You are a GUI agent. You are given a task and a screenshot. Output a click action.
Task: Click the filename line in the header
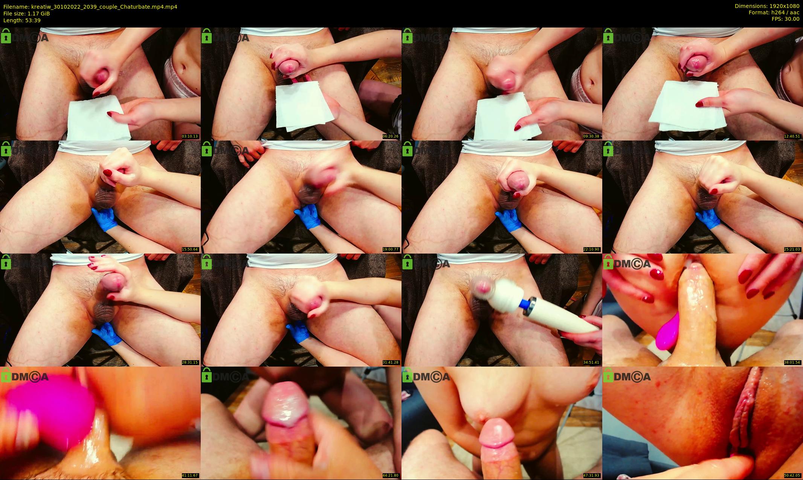90,7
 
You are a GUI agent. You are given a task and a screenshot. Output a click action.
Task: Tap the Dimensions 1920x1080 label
767,6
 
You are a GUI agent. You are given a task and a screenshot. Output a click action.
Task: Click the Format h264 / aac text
774,12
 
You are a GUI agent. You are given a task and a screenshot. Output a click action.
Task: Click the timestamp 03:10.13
190,136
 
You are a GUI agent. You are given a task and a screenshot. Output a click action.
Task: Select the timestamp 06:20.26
391,136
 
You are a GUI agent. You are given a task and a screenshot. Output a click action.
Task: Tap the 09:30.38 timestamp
592,136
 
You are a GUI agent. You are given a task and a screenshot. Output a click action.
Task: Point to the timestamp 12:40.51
792,136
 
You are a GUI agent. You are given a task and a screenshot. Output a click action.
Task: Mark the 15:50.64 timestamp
190,249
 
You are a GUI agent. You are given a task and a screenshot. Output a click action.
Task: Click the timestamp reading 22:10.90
592,249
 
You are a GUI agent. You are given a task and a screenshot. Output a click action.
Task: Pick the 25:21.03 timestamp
792,249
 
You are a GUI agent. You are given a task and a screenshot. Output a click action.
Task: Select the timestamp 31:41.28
391,362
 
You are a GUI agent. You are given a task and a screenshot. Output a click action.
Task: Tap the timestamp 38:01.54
792,362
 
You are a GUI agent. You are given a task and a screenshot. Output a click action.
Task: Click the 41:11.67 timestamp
190,475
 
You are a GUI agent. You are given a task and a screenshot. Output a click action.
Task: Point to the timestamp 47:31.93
592,475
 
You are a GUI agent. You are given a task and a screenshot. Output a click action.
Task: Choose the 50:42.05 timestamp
792,475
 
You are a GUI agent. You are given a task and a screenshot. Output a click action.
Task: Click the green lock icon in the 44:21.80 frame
206,375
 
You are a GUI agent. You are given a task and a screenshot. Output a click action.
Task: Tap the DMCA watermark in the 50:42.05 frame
632,377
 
